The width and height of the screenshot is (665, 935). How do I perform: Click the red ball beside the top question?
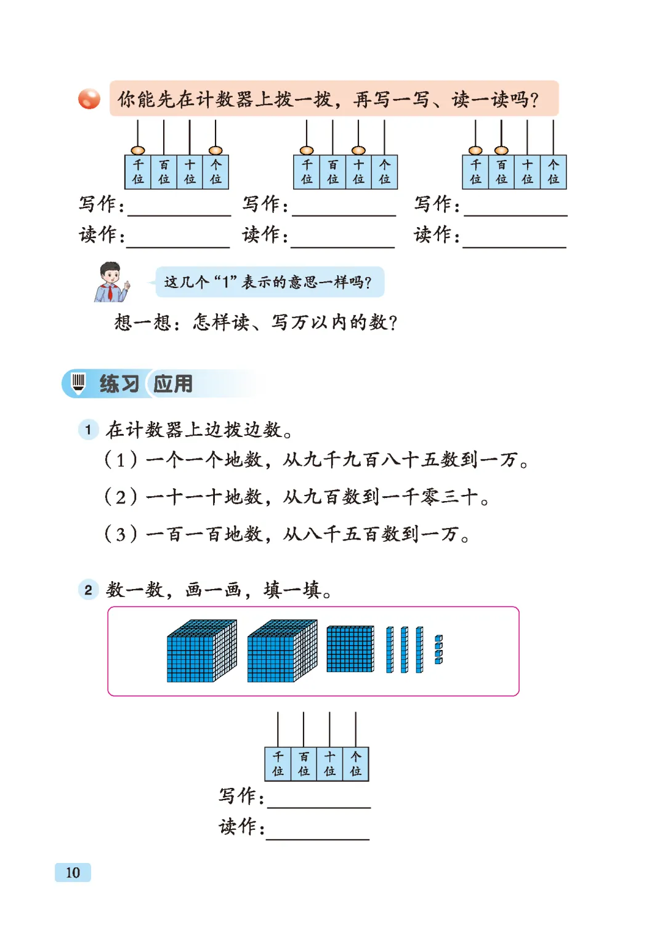(x=89, y=99)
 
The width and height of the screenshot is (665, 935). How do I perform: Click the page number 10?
(x=73, y=872)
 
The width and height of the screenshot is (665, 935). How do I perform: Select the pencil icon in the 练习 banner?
(x=78, y=382)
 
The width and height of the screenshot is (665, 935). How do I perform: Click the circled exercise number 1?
(x=88, y=430)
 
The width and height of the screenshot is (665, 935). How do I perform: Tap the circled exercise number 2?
(x=88, y=590)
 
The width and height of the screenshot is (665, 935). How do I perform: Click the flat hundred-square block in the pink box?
(x=350, y=649)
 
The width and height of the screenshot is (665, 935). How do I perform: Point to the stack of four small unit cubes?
(x=438, y=649)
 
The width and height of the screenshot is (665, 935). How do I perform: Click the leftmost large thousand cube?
(x=201, y=651)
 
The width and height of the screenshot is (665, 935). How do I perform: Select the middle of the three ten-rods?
(x=404, y=649)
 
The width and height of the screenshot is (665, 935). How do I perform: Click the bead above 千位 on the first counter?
(x=138, y=150)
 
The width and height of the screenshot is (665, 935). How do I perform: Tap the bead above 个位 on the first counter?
(x=216, y=150)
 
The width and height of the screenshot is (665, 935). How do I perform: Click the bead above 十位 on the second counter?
(x=358, y=150)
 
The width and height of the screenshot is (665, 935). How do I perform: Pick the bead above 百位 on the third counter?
(x=501, y=150)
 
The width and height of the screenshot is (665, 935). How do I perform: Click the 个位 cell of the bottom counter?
(x=356, y=764)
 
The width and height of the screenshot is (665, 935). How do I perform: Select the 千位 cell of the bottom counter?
(x=278, y=764)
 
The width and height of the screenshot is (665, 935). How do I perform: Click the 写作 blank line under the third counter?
(x=515, y=215)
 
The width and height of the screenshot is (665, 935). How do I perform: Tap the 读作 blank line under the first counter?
(x=178, y=247)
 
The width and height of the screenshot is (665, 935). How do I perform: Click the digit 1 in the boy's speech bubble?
(x=226, y=282)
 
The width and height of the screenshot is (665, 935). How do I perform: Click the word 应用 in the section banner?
(x=173, y=383)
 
